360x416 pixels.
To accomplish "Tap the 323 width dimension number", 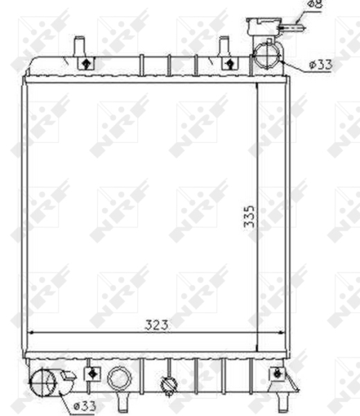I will coord(157,324).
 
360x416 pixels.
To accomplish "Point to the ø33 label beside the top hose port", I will coord(320,64).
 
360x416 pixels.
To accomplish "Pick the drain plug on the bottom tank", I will coord(167,384).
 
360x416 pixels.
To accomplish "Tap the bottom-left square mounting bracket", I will coord(91,373).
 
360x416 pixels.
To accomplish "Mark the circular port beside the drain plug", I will coord(119,379).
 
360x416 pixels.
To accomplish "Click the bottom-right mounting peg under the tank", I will coord(283,401).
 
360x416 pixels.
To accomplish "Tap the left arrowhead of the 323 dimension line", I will coord(29,333).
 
